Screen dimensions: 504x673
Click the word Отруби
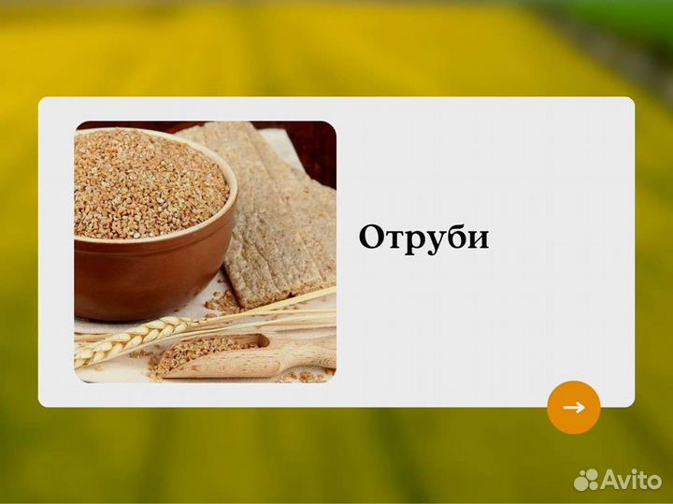423,238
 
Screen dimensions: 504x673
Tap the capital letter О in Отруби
372,237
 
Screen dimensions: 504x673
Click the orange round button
573,408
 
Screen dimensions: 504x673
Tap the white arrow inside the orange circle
573,408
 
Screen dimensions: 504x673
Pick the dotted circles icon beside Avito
586,480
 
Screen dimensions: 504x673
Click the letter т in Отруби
394,239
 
